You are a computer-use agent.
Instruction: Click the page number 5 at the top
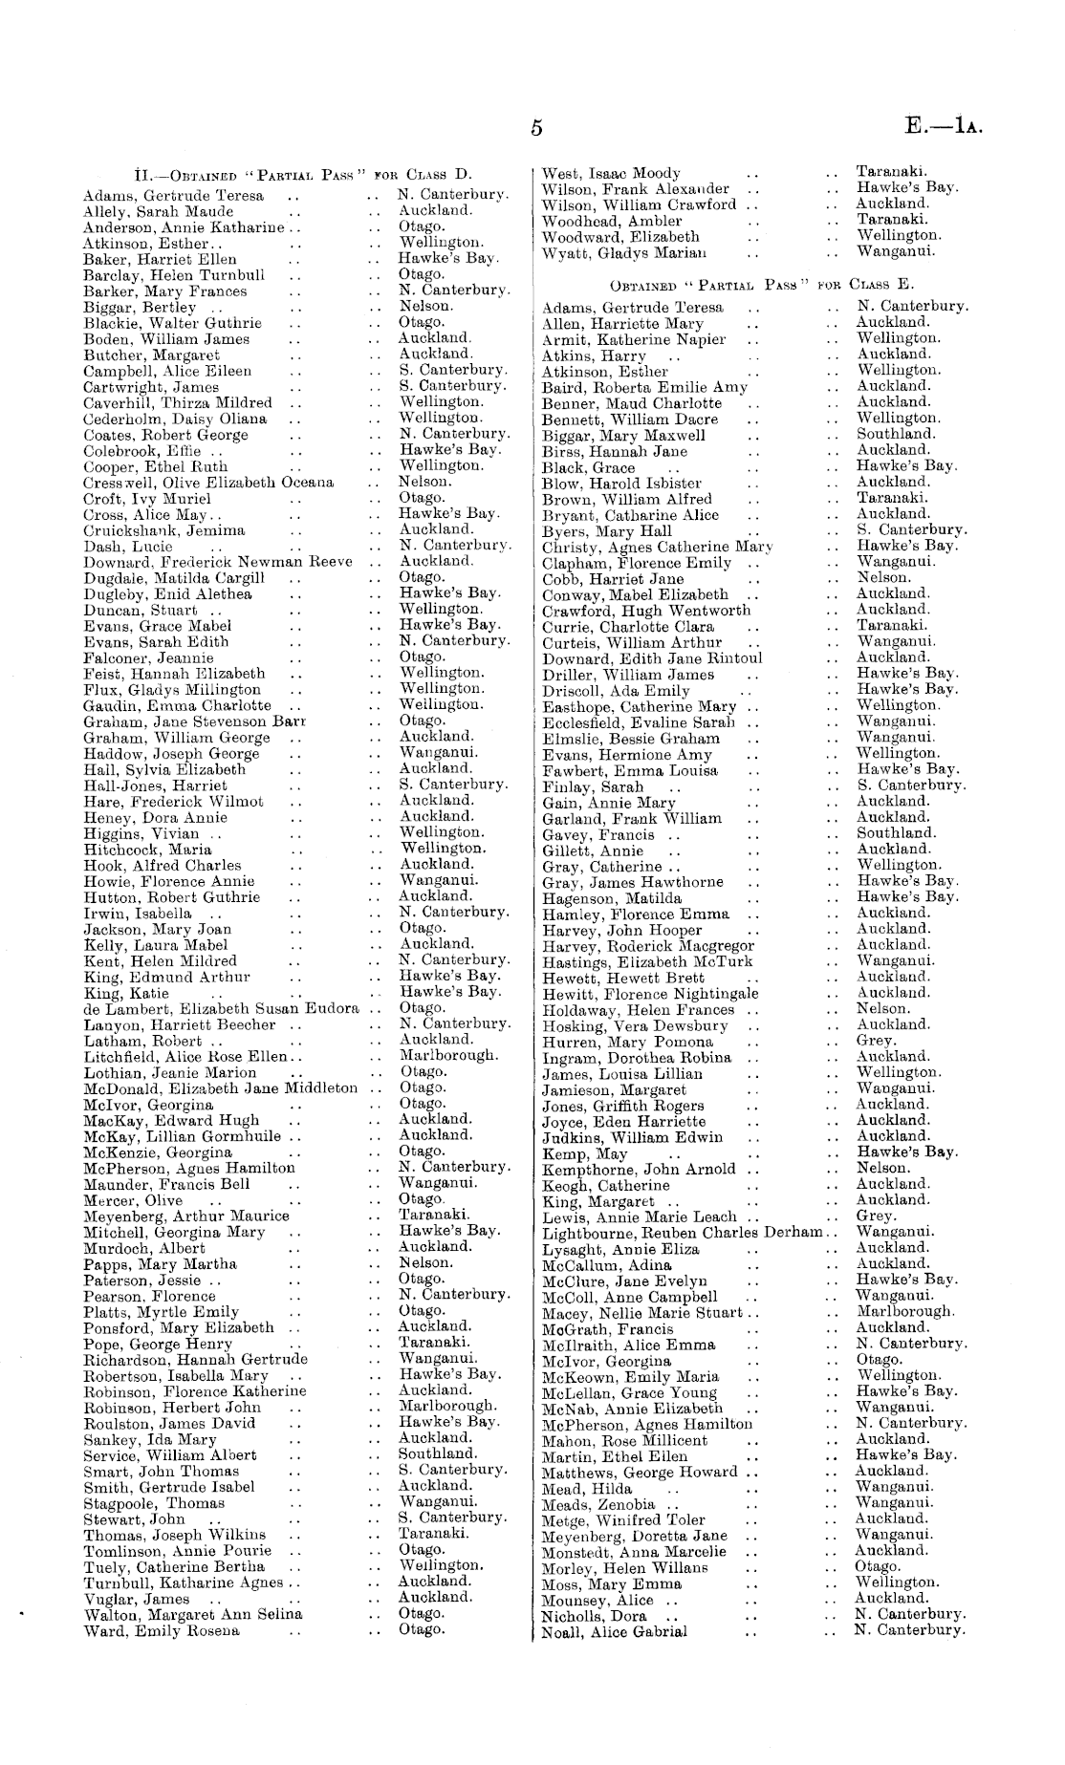tap(537, 129)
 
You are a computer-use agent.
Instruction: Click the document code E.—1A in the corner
tap(942, 128)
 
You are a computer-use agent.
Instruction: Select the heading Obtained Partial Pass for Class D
tap(304, 175)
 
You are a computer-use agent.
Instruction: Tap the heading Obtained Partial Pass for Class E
tap(761, 285)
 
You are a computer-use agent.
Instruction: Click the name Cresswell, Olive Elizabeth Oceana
tap(208, 483)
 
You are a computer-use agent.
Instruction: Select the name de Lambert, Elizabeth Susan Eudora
tap(221, 1008)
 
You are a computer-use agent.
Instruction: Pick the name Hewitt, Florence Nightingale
tap(651, 994)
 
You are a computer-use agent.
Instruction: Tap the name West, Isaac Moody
tap(611, 173)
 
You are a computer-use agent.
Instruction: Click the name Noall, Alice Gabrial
tap(614, 1631)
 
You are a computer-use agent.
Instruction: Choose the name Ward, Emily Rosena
tap(162, 1630)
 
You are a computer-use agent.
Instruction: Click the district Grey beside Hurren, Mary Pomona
tap(876, 1041)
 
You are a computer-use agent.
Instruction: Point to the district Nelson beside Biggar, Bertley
tap(425, 306)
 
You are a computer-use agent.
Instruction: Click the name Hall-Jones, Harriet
tap(155, 786)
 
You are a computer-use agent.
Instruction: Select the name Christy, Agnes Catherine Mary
tap(657, 548)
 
